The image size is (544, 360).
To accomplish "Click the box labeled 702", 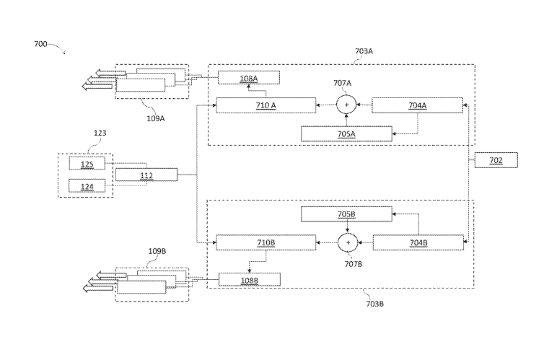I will [496, 160].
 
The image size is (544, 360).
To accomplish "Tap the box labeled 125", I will [87, 164].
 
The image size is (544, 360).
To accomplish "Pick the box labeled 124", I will [87, 186].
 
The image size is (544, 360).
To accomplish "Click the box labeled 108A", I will [248, 78].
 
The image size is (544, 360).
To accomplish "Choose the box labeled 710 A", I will [266, 105].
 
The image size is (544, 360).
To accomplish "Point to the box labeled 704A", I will [417, 105].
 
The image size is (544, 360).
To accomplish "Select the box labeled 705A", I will [346, 133].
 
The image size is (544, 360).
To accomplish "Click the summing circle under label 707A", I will [346, 105].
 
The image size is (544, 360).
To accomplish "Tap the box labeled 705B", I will [346, 214].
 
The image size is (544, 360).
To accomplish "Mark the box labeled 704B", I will [417, 242].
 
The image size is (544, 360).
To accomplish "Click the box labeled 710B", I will [266, 242].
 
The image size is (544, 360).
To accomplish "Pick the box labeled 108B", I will [249, 278].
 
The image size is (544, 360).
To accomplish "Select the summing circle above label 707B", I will [348, 242].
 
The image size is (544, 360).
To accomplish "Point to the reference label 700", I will [40, 44].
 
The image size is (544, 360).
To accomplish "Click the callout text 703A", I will [364, 51].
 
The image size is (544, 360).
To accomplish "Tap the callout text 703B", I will [374, 304].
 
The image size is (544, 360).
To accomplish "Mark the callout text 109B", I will [157, 252].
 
